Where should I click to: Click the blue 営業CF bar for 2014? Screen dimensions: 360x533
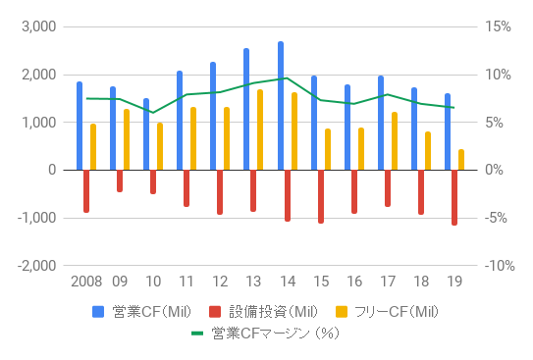click(281, 106)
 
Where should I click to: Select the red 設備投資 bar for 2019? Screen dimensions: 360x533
click(453, 197)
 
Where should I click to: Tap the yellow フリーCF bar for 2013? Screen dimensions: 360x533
click(260, 129)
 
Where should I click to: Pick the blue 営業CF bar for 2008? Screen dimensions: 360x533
click(80, 126)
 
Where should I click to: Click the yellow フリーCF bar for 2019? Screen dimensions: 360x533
click(460, 160)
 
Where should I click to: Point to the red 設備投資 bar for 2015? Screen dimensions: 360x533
click(320, 196)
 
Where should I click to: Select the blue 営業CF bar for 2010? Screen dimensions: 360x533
click(146, 134)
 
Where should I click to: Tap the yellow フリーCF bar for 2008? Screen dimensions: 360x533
click(93, 147)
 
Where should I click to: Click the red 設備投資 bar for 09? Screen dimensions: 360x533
click(120, 180)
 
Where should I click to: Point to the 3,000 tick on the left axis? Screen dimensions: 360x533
click(40, 26)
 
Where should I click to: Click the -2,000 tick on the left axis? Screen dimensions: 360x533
click(38, 266)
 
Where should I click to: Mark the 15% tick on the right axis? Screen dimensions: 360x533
click(499, 26)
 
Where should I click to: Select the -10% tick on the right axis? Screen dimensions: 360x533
click(497, 266)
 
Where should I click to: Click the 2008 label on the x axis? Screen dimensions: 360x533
click(85, 282)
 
